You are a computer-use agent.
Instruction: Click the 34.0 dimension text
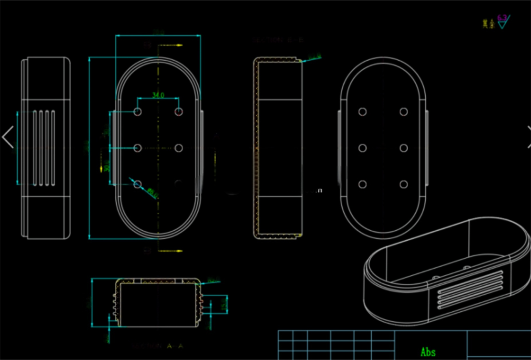158,95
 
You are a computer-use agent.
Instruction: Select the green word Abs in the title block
428,352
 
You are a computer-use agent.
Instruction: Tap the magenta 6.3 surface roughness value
502,18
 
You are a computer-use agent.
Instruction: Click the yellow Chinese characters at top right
488,24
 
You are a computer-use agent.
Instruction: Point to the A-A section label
158,345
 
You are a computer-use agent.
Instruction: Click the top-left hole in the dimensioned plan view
137,112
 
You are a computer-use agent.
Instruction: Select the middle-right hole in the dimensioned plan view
179,148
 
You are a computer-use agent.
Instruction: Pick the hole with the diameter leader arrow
137,184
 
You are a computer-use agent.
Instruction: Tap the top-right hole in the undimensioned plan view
403,112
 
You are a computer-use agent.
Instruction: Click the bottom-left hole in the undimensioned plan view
362,184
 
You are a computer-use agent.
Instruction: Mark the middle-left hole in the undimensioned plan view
362,148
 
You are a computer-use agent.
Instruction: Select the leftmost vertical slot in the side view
35,148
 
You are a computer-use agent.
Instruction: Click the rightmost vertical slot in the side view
53,148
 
